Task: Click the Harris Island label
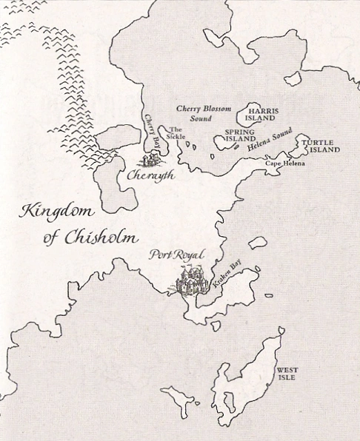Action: [x=264, y=115]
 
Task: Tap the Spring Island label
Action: [x=240, y=134]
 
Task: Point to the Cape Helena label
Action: [x=285, y=163]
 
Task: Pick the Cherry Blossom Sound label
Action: [x=204, y=113]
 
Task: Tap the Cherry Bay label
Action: [x=153, y=130]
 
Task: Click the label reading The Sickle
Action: [x=176, y=132]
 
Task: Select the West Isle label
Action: [x=287, y=374]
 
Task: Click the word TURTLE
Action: [x=317, y=141]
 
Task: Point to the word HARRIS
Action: [x=264, y=111]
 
